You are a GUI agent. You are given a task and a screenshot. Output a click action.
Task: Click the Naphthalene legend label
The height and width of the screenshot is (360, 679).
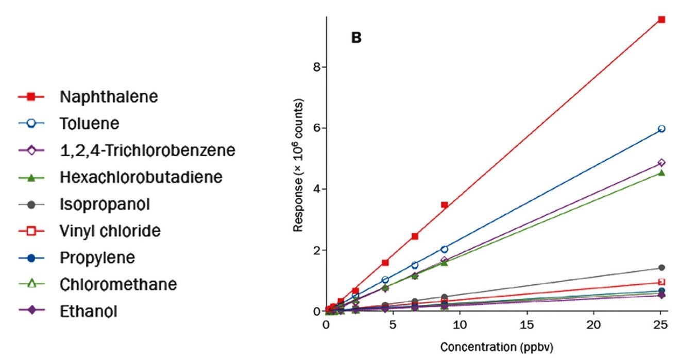point(108,97)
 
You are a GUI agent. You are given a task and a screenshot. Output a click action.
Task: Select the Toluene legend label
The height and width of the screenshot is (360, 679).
point(89,124)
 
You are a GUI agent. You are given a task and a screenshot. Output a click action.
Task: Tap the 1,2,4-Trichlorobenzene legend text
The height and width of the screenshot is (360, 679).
point(147,150)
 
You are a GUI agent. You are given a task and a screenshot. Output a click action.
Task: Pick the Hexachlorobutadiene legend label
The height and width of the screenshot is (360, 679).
point(141,177)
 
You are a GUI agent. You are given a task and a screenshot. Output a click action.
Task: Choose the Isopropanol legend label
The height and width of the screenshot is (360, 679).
point(104,204)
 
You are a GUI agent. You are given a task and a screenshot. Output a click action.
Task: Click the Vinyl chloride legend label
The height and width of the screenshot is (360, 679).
point(110,231)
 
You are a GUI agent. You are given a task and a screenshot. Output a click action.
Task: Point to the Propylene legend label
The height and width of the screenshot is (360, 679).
point(97,258)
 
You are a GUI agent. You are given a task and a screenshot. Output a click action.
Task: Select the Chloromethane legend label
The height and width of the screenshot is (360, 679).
point(118,284)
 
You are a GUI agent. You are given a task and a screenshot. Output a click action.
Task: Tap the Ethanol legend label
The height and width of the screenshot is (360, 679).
point(88,312)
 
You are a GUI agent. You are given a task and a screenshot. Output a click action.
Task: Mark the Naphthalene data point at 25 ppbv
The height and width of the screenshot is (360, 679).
point(661,20)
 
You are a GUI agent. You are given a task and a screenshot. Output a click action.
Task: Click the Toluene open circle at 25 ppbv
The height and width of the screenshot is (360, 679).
point(661,129)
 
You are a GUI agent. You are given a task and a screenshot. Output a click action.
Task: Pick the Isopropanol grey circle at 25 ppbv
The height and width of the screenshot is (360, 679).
point(661,268)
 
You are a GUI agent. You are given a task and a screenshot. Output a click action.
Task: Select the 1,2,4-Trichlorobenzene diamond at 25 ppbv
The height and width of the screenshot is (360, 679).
point(661,163)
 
